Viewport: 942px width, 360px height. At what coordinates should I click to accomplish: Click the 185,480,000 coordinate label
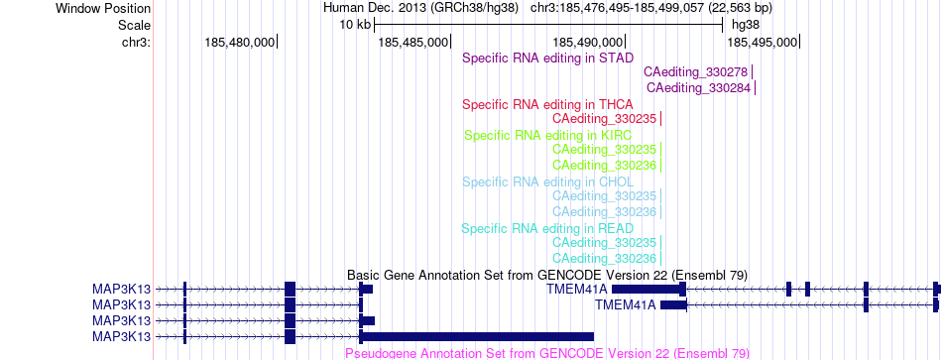coord(240,42)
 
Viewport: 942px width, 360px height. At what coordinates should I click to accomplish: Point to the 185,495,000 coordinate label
coord(762,42)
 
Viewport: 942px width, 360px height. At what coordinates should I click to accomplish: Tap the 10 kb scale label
coord(355,25)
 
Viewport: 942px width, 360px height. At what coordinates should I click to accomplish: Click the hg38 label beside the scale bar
coord(745,25)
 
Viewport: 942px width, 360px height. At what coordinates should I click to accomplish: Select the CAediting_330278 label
coord(696,72)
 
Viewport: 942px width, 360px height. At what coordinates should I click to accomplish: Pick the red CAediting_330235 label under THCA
coord(605,118)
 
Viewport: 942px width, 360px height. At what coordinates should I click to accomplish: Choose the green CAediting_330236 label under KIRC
coord(605,165)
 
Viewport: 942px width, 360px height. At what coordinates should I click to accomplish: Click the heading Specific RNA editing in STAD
coord(548,59)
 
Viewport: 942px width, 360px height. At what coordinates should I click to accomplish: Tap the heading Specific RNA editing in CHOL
coord(548,181)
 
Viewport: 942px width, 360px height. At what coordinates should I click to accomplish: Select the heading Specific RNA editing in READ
coord(547,228)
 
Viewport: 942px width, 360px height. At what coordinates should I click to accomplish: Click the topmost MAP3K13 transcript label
coord(121,289)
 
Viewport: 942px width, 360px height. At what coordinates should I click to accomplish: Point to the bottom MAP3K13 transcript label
coord(121,336)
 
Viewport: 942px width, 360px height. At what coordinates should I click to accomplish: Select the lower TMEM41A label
coord(626,304)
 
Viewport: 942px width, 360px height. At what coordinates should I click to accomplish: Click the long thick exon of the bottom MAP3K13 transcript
coord(478,336)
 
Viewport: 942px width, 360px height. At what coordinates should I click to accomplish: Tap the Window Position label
coord(103,8)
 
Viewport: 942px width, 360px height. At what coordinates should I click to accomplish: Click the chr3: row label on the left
coord(137,42)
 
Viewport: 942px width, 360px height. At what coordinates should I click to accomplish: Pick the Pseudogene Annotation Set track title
coord(547,353)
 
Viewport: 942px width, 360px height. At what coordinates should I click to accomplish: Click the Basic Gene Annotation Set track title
coord(547,276)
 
